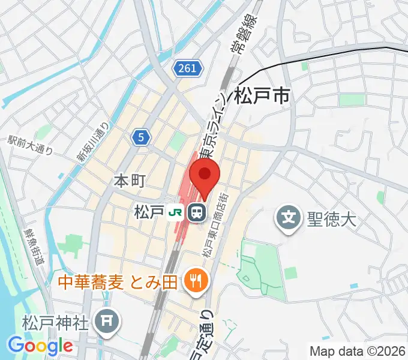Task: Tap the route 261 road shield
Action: pos(187,69)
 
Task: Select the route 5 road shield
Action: pos(140,138)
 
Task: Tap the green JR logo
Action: pos(176,212)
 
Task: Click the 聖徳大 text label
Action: pos(332,217)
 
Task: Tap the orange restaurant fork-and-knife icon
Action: pos(195,279)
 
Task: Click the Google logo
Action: pos(40,346)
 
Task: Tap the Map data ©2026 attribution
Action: pos(357,351)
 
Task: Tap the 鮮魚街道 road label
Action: pos(34,246)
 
